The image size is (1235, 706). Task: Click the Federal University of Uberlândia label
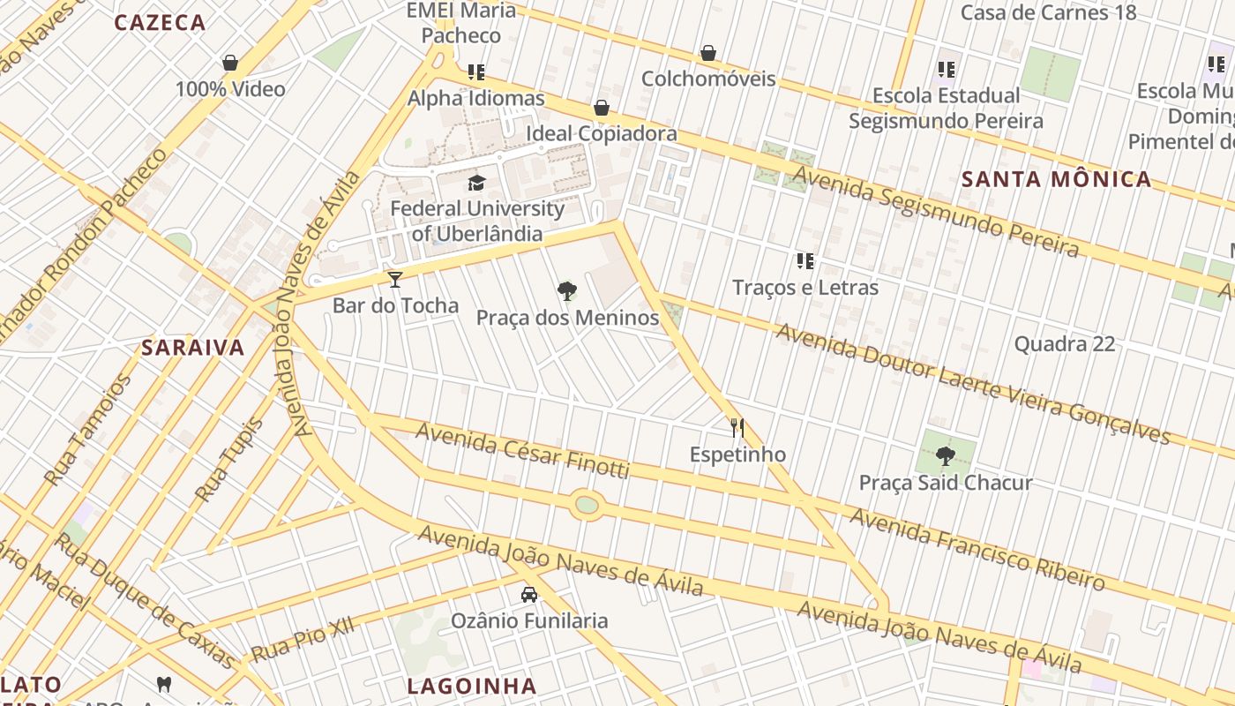pos(477,221)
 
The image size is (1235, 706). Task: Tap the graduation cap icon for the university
pos(477,183)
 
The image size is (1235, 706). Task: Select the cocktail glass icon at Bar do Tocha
pos(395,280)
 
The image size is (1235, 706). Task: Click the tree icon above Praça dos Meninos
pos(567,291)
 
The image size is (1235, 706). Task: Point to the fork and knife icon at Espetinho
pos(737,428)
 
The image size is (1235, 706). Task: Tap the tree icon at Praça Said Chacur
pos(946,456)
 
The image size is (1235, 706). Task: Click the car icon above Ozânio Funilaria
pos(529,595)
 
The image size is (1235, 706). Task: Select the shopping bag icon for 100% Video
pos(230,63)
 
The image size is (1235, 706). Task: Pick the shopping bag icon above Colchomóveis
pos(707,53)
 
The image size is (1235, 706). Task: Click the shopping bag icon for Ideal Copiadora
pos(602,108)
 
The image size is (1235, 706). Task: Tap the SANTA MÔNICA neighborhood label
pos(1056,179)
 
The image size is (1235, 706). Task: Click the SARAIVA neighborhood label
pos(193,348)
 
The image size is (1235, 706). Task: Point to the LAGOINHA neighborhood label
pos(472,686)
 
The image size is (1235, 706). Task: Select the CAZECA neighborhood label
pos(161,23)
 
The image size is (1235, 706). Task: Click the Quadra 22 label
pos(1065,343)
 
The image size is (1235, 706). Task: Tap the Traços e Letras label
pos(805,287)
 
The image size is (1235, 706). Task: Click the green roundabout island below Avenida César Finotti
pos(587,505)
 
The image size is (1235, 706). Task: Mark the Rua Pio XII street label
pos(303,640)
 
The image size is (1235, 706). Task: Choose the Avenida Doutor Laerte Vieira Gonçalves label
pos(972,384)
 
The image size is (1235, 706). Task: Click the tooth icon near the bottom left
pos(163,683)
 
